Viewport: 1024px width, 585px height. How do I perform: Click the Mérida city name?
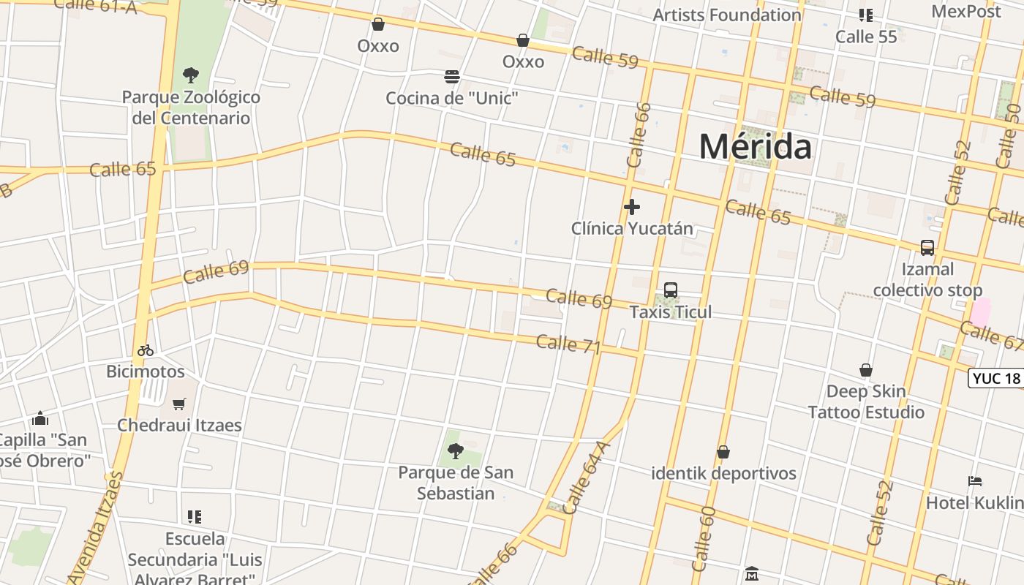[x=755, y=147]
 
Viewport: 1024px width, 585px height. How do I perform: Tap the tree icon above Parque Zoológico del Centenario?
[x=191, y=75]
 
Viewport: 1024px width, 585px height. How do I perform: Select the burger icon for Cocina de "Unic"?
[x=452, y=77]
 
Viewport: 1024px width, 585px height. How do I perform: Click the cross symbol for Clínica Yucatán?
[x=632, y=208]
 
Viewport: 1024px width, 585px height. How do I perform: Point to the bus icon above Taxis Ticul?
[x=670, y=290]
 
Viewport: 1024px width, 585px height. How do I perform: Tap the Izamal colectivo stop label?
[x=927, y=279]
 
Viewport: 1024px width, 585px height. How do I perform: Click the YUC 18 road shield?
[x=996, y=378]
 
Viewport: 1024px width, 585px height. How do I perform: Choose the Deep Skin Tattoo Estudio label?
[x=866, y=401]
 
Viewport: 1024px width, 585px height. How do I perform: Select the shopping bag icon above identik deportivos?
[x=723, y=453]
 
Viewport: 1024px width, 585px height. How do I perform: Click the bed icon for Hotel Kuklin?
[x=974, y=481]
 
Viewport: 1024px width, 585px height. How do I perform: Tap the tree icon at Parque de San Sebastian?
[x=456, y=451]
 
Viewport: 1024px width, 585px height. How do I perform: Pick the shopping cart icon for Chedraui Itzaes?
[x=179, y=404]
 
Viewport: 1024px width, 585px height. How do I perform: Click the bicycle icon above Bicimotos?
[x=146, y=350]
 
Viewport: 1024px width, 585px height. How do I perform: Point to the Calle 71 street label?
[x=568, y=344]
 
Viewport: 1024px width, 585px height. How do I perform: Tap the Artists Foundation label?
[x=726, y=15]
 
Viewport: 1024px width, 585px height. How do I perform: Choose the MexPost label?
[x=965, y=12]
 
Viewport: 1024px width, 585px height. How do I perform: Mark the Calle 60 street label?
[x=702, y=538]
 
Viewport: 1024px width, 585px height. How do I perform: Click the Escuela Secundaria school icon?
[x=194, y=517]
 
